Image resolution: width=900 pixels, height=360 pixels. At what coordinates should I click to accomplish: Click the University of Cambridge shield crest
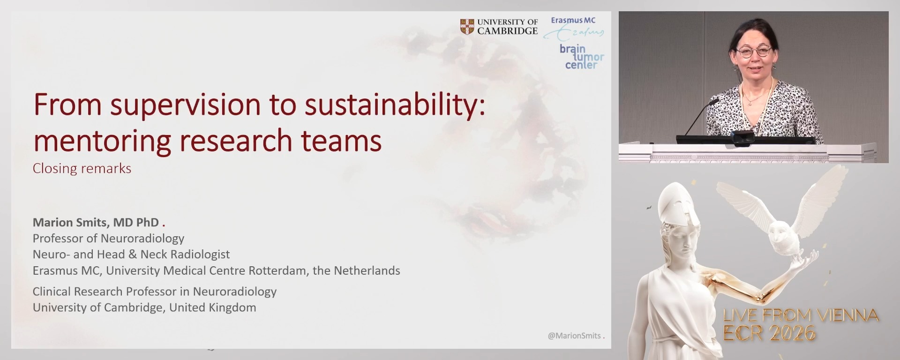click(467, 27)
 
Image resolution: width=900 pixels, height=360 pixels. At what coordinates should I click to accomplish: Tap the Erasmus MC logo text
click(573, 21)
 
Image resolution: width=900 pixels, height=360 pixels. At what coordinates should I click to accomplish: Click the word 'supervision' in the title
click(185, 105)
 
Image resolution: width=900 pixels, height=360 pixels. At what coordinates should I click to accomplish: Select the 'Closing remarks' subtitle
click(82, 168)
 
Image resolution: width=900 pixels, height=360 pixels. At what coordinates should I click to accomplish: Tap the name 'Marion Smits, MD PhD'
click(96, 222)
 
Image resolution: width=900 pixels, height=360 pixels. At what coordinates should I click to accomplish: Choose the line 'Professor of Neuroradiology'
click(108, 238)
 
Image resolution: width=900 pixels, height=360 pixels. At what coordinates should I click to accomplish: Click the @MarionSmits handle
click(574, 336)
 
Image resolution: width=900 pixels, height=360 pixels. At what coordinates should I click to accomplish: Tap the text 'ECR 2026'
click(769, 333)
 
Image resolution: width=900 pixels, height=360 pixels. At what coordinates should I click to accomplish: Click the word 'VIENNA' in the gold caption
click(847, 315)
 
